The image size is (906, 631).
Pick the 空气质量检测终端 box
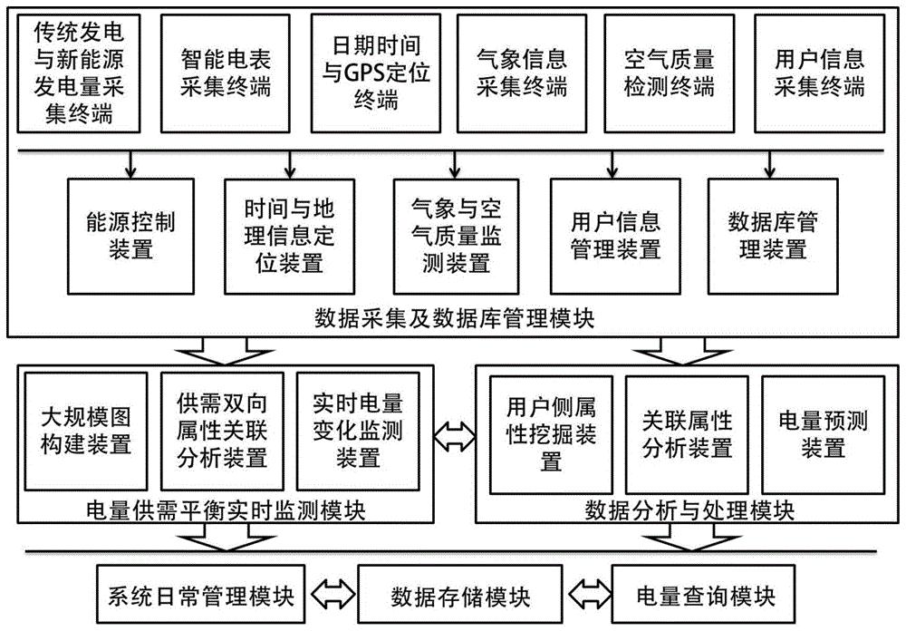pos(669,73)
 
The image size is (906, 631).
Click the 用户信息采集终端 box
pos(819,73)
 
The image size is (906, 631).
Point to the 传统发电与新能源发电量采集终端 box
pos(78,73)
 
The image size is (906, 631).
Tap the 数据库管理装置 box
pos(771,235)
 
